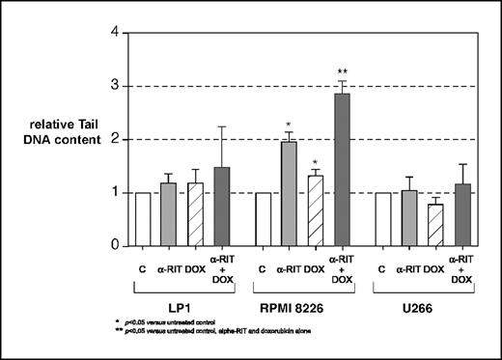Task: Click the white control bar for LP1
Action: coord(144,219)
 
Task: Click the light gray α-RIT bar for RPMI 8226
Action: coord(286,194)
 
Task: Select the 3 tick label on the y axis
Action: coord(116,86)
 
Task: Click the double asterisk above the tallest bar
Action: coord(341,71)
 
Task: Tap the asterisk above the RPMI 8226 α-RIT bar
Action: coord(287,125)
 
